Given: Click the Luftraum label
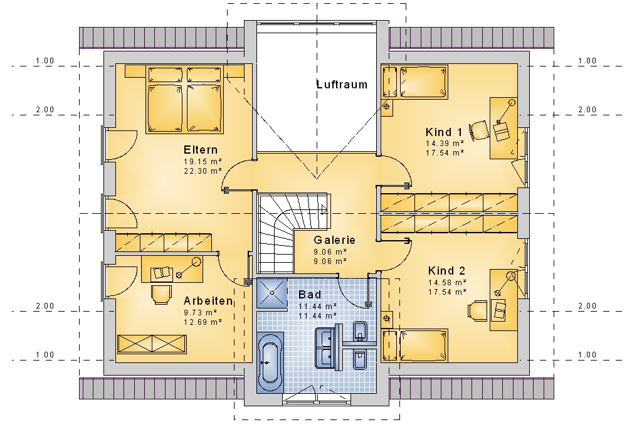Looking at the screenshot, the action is point(342,85).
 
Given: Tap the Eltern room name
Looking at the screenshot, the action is point(201,150).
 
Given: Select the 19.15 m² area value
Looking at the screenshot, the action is point(203,162).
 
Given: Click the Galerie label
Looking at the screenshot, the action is point(334,240).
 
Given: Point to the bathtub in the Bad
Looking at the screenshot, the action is point(270,362).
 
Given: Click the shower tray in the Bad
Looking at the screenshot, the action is point(272,293).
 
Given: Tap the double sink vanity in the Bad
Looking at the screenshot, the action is point(328,346).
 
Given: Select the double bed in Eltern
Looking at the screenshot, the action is point(184,99).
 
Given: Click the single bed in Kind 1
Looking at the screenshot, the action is point(423,82).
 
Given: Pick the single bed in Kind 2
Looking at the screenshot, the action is point(423,345).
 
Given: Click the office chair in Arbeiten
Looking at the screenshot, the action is point(161,294).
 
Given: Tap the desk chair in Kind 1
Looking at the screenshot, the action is point(479,130).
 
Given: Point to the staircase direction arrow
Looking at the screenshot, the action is point(324,209).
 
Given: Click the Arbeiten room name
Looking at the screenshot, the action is point(208,301).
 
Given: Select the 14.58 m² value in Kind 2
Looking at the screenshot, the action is point(447,283).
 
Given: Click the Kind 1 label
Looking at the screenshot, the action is point(444,132).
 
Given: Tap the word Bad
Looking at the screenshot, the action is point(310,295).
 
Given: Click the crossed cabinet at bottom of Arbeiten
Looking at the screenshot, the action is point(152,344).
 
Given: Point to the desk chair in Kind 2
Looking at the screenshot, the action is point(477,310).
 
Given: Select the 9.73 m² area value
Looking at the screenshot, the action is point(201,312).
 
